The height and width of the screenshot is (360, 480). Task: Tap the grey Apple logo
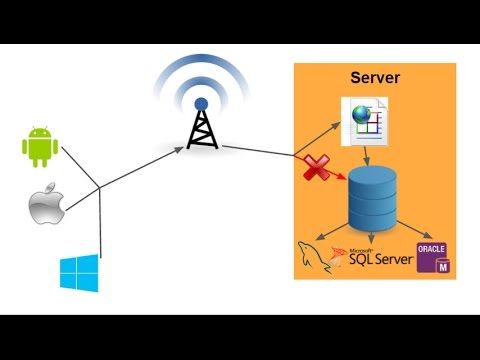[44, 207]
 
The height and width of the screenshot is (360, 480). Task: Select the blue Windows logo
[76, 273]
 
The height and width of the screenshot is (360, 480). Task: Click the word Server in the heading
[375, 78]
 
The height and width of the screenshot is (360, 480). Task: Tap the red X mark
[317, 169]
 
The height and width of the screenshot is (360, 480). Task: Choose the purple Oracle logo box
[432, 258]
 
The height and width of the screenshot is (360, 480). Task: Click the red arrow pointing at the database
[335, 174]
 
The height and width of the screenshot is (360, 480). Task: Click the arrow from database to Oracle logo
[415, 234]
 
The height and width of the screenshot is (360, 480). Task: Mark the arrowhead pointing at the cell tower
[180, 148]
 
